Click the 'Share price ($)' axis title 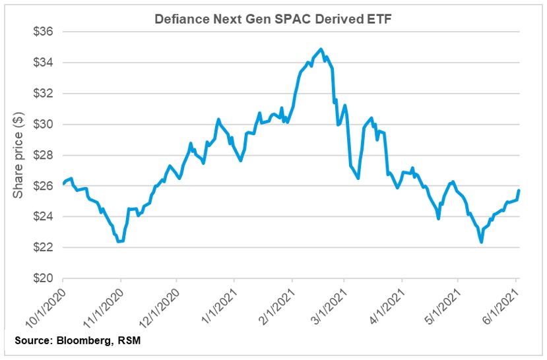pyautogui.click(x=18, y=155)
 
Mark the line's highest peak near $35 pyautogui.click(x=321, y=49)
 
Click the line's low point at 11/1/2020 pyautogui.click(x=119, y=242)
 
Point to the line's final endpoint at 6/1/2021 pyautogui.click(x=519, y=191)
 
